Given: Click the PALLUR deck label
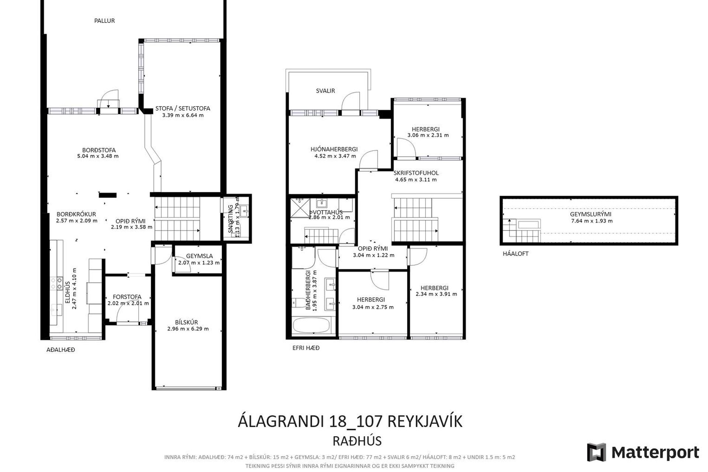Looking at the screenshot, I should coord(104,21).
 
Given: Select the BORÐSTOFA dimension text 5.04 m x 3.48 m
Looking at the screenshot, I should coord(98,156).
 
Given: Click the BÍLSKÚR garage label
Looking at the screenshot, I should coord(186,322).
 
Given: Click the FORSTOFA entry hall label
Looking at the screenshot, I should coord(127,297).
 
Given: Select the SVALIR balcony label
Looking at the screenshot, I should coord(325,91).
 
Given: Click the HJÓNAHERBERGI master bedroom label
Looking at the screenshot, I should coord(334,149).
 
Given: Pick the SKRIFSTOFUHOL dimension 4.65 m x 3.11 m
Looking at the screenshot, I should coord(416,180).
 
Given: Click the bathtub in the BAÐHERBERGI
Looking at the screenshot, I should coord(311,326).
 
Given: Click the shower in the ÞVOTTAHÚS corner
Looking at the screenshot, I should coord(301,208).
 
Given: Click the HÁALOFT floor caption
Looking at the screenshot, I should coord(516,254).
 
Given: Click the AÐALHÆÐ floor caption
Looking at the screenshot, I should coord(60,350).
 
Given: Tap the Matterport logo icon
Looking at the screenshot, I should coord(596,452).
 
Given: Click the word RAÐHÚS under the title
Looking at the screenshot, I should coord(357,441).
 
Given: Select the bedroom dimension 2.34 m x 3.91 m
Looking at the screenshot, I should coord(436,294).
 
